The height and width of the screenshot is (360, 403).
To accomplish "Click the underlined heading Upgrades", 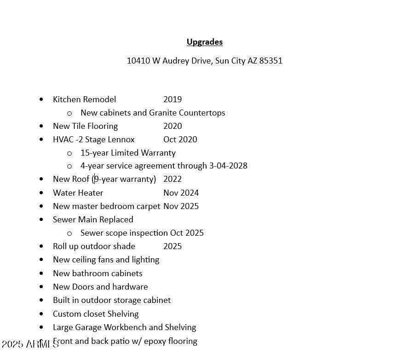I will tap(204, 42).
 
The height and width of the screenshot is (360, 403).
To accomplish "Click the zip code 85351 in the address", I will tap(271, 61).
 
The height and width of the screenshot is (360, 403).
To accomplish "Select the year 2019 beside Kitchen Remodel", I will tap(173, 99).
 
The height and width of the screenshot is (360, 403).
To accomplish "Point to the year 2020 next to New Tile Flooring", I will tap(173, 126).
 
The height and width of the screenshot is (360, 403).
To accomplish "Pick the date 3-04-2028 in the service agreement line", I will tap(228, 166).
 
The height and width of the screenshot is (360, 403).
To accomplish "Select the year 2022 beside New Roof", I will tap(173, 179).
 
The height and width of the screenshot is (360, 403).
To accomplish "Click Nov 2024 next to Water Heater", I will tap(181, 193).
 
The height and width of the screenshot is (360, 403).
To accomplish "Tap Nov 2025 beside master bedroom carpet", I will tap(181, 206).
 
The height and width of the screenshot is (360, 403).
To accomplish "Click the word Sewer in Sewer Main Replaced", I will tap(64, 220).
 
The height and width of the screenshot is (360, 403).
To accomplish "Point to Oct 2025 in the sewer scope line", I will tap(187, 233).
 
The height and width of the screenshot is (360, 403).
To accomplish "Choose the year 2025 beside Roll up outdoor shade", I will tap(173, 246).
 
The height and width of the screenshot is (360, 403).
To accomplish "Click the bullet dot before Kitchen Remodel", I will tap(42, 99).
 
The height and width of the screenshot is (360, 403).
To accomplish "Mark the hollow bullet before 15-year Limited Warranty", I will tap(69, 153).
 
